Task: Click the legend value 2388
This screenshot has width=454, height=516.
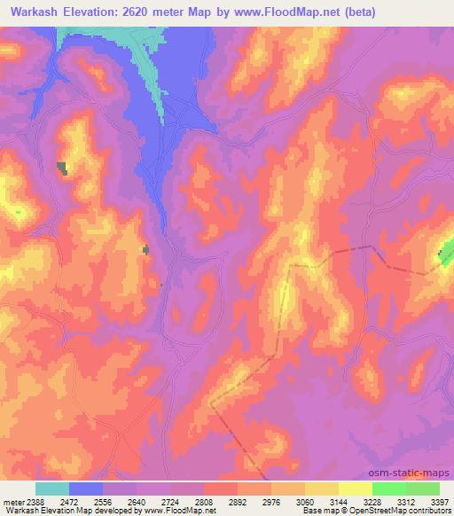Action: (31, 500)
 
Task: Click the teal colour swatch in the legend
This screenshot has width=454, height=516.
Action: (52, 489)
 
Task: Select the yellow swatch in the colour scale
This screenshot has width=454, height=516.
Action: (356, 489)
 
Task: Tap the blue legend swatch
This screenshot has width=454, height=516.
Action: (86, 489)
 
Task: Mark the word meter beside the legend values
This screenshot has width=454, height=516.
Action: (12, 500)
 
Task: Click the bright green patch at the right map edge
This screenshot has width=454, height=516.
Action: (446, 257)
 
